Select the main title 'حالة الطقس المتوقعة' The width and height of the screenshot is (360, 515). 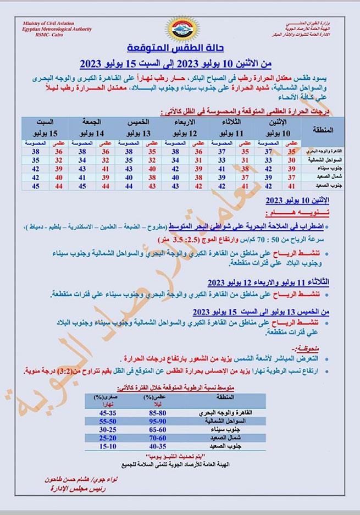pyautogui.click(x=180, y=48)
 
